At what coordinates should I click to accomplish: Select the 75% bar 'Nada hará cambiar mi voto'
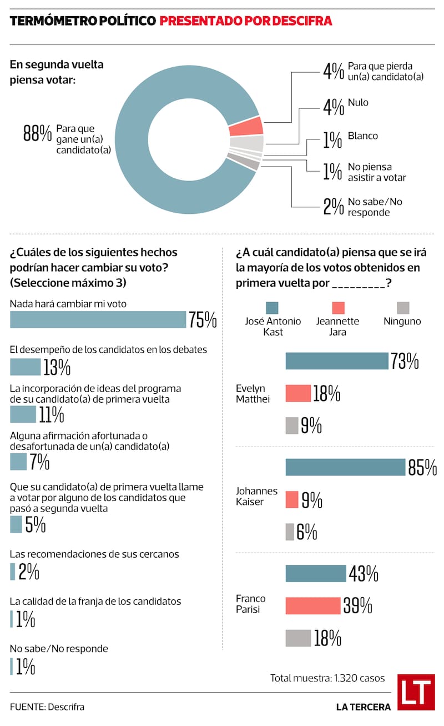pos(98,319)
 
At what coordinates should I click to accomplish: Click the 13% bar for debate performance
pos(25,367)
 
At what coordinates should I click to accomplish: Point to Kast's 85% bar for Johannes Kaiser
pos(345,467)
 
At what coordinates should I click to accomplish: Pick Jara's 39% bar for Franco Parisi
pos(312,605)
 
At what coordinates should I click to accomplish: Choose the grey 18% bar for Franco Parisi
pos(298,638)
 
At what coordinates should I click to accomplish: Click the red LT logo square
pos(416,692)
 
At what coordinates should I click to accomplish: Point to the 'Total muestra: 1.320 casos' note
pos(327,678)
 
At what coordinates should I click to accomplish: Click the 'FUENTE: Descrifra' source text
pos(47,707)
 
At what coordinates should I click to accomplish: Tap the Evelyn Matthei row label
pos(251,393)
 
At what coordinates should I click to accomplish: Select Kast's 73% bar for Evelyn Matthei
pos(336,361)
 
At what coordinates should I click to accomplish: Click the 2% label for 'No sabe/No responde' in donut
pos(334,207)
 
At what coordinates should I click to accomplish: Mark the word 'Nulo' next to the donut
pos(358,102)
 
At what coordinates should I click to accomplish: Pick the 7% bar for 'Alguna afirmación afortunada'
pos(18,462)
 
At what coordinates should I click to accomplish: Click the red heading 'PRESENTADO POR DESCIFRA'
pos(246,21)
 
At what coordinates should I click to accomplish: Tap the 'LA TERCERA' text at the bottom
pos(363,707)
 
